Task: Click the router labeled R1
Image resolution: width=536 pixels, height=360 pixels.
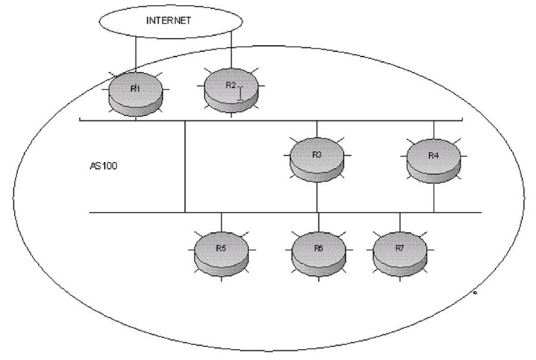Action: [x=136, y=94]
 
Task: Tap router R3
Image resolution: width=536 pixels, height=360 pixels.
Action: [x=317, y=160]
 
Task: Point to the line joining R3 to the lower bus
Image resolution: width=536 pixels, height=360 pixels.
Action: [x=317, y=197]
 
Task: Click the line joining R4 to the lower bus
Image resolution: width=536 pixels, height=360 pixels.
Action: [x=434, y=198]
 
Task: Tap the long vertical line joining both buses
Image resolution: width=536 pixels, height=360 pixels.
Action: [x=184, y=166]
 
